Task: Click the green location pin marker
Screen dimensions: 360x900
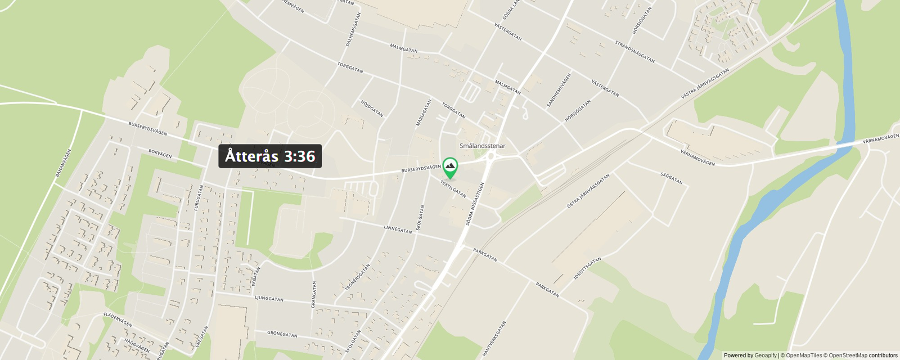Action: point(450,167)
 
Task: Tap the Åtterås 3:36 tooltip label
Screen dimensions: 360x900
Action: point(270,156)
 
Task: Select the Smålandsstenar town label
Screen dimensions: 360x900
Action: point(482,146)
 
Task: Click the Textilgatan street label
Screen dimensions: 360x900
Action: point(453,188)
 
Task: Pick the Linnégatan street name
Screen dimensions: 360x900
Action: point(398,229)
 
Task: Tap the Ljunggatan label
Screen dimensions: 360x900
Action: point(269,299)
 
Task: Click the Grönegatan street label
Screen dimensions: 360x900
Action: point(282,334)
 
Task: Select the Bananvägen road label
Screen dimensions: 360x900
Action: point(64,163)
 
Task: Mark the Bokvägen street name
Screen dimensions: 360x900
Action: point(160,154)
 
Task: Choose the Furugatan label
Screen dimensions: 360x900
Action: point(199,198)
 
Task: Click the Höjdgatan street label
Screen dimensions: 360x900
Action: point(372,109)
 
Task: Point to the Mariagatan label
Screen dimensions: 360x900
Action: point(424,112)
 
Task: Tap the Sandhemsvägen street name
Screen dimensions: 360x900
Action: point(559,90)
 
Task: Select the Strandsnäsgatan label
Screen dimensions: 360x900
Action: point(634,51)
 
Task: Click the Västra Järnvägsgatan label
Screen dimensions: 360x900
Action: point(705,84)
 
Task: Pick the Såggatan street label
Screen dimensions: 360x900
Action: point(672,178)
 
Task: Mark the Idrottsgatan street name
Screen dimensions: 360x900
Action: point(587,268)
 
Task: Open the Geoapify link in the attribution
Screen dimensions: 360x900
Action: point(765,355)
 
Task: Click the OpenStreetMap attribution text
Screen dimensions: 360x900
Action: point(848,355)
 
